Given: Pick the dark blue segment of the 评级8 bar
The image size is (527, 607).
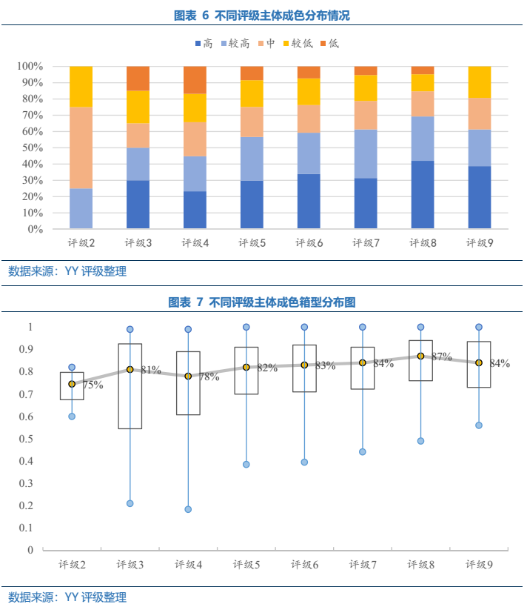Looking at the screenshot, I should [x=422, y=194].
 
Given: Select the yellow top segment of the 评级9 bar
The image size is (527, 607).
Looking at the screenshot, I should [x=479, y=82].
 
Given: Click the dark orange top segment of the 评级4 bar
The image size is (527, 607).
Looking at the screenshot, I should [x=195, y=80].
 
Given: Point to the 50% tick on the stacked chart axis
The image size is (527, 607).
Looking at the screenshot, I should [x=30, y=147].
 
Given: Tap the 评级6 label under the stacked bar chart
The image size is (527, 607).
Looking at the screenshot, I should [x=308, y=243].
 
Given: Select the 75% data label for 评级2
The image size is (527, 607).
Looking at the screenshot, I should [x=93, y=385].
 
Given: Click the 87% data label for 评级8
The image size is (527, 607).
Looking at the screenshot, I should [x=442, y=356].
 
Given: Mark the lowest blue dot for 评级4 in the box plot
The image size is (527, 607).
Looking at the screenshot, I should [x=188, y=509].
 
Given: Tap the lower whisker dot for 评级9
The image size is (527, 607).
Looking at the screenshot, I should [x=479, y=425].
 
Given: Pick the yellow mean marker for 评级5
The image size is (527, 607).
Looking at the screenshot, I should [x=246, y=367].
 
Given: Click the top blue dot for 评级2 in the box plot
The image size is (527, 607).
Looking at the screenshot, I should [x=72, y=368].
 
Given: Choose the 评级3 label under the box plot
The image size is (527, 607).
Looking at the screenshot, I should [x=130, y=565].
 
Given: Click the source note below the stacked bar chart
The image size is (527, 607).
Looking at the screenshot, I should [x=67, y=271].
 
